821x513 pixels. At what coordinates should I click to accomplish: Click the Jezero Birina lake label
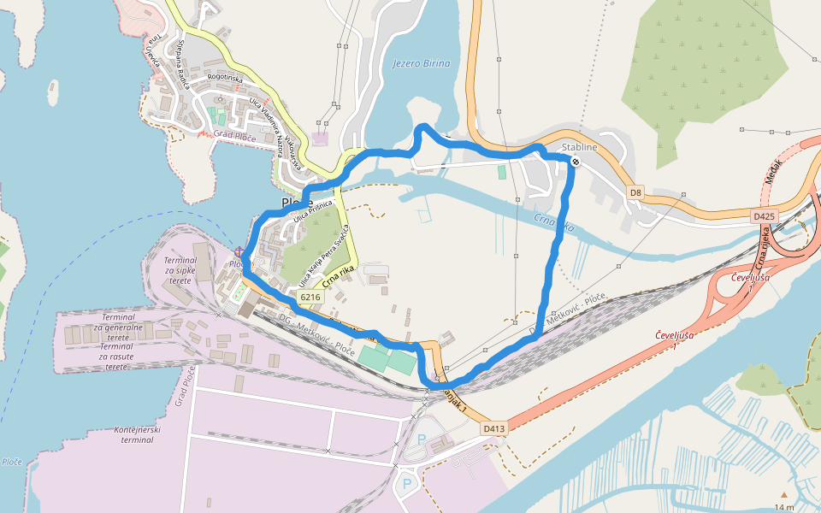[x=421, y=63]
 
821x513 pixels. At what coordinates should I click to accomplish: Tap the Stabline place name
[x=579, y=147]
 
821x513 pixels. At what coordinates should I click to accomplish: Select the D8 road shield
[x=635, y=192]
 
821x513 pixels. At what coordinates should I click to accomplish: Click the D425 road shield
[x=765, y=216]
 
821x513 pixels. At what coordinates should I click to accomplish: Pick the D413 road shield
[x=494, y=427]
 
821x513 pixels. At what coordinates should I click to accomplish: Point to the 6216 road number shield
[x=310, y=297]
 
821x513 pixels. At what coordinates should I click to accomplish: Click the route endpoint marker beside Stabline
[x=576, y=161]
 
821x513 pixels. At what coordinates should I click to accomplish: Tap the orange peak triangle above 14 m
[x=783, y=494]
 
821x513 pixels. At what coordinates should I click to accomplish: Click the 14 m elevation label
[x=783, y=507]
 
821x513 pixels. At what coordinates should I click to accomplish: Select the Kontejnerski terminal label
[x=125, y=435]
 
